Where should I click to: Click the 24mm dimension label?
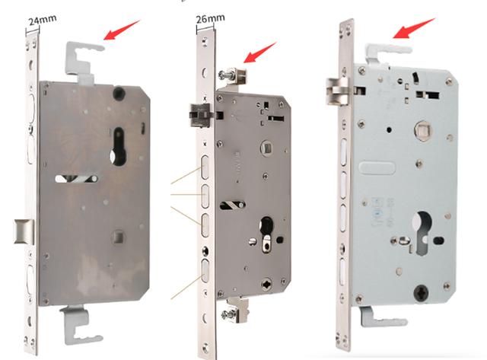point(43,21)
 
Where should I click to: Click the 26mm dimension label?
point(210,18)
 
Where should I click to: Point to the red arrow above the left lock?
point(122,30)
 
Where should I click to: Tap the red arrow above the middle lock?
point(259,53)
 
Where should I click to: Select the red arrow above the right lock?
point(414,28)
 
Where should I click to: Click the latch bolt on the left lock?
point(24,231)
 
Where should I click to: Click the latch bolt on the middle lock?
point(199,115)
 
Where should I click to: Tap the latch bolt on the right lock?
point(337,91)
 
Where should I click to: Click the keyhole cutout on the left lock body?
point(118,146)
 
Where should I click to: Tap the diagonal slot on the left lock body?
point(76,178)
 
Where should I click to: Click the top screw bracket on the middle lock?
point(234,76)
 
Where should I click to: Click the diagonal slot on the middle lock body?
point(233,205)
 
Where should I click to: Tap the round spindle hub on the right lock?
point(424,130)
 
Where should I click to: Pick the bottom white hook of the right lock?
point(383,317)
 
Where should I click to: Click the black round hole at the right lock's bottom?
point(422,292)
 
